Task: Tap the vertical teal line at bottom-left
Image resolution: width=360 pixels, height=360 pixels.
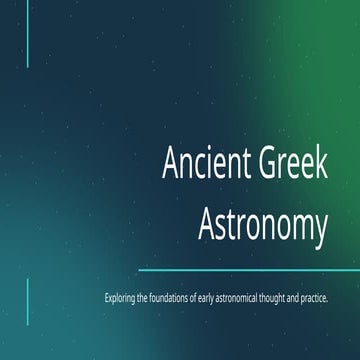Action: pyautogui.click(x=27, y=300)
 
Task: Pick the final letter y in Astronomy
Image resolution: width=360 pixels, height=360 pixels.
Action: pyautogui.click(x=321, y=230)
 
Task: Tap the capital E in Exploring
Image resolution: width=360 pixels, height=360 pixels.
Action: pyautogui.click(x=105, y=299)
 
